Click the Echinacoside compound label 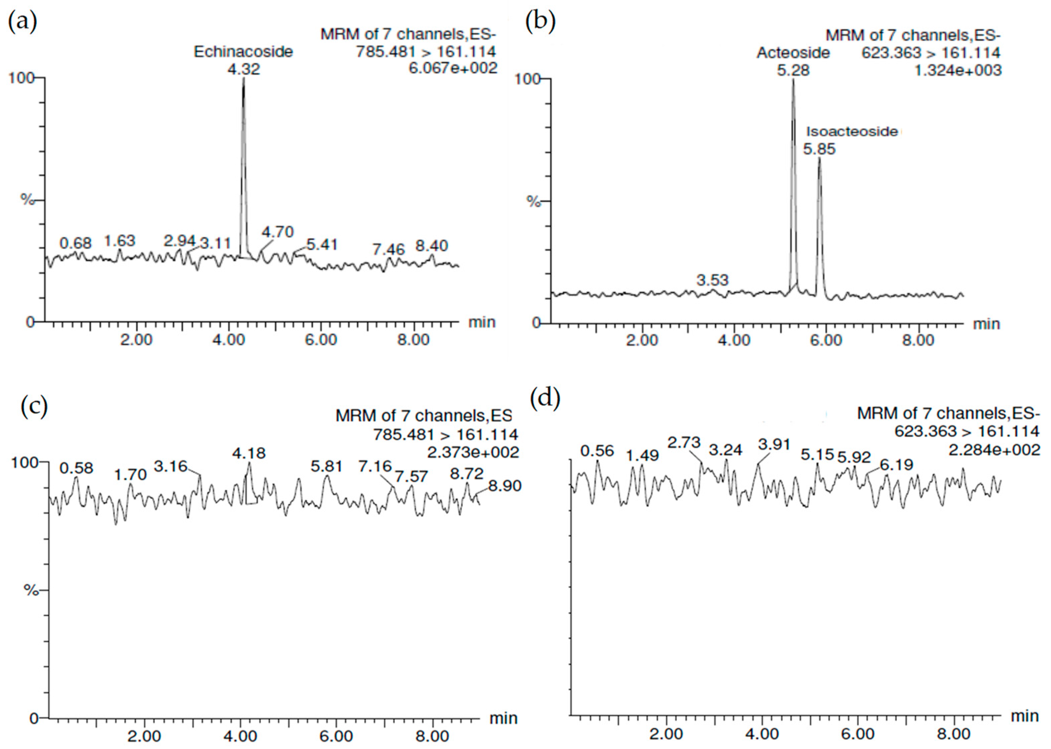[243, 51]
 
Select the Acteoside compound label [793, 53]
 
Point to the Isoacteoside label [852, 132]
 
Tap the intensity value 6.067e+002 [453, 68]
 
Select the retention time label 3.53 [712, 280]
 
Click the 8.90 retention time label [505, 486]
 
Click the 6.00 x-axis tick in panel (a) [321, 340]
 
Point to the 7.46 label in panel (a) [388, 250]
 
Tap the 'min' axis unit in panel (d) [1025, 716]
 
